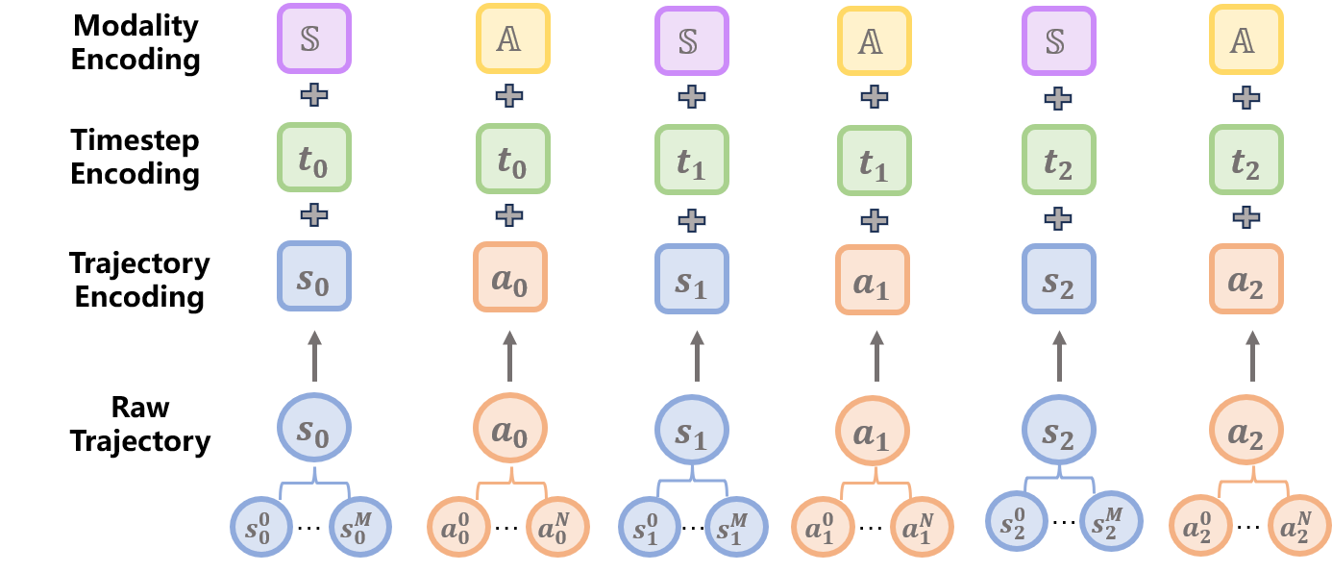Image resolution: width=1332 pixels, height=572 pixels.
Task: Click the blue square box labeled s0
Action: (x=314, y=276)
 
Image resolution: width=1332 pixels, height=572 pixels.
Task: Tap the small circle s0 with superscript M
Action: (x=360, y=525)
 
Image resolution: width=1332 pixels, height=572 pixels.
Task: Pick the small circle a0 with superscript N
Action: (x=556, y=526)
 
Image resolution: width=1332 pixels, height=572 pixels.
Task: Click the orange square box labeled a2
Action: (x=1246, y=279)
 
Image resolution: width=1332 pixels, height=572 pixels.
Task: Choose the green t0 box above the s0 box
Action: (x=314, y=157)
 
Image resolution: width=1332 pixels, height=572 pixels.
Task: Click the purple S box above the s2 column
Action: (x=1058, y=41)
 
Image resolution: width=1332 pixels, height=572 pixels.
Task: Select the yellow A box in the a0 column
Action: (x=512, y=38)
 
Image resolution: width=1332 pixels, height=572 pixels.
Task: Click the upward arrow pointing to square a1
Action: (x=876, y=356)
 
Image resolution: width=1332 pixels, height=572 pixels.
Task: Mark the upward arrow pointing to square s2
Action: (x=1059, y=356)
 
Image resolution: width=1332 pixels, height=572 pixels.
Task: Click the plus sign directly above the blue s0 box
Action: (x=314, y=215)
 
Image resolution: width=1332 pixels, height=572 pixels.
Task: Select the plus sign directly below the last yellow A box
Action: (x=1246, y=97)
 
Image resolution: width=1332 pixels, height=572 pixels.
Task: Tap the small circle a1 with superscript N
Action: (x=921, y=528)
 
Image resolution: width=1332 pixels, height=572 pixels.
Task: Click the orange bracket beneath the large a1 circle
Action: (x=875, y=485)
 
